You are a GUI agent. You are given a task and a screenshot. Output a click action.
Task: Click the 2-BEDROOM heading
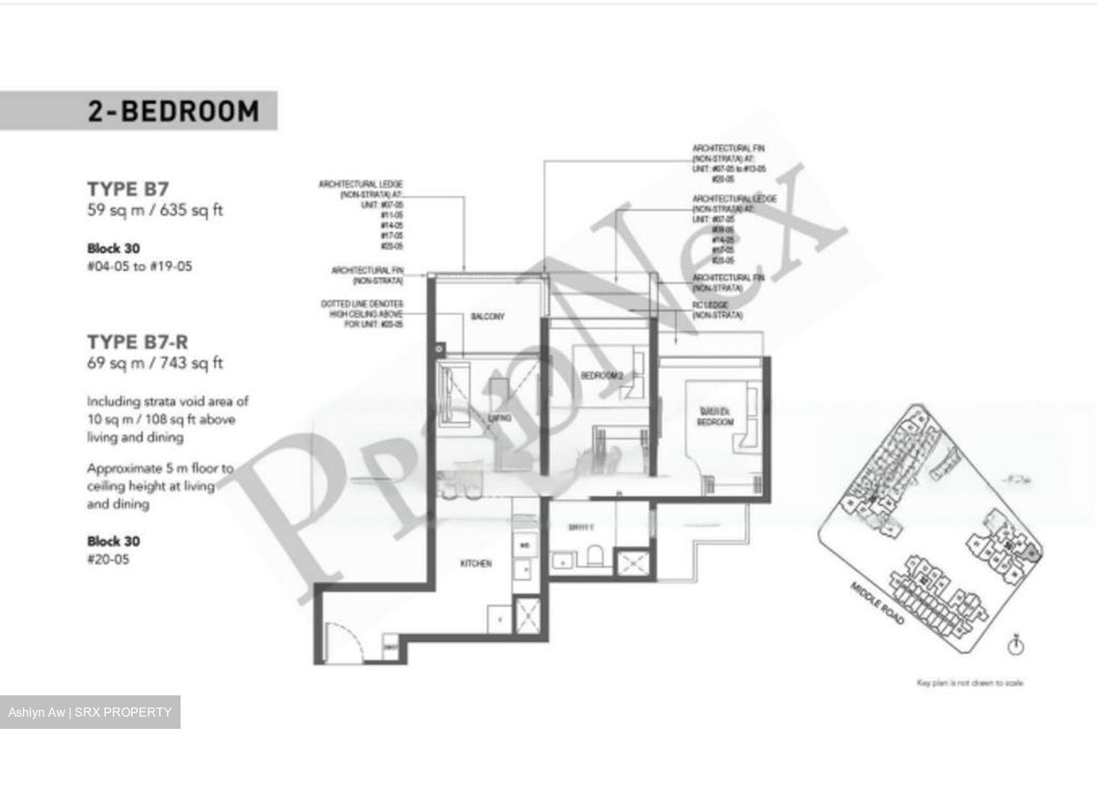[173, 111]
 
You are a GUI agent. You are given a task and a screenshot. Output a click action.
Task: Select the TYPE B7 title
[128, 189]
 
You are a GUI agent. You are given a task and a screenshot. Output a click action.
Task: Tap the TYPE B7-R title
[137, 342]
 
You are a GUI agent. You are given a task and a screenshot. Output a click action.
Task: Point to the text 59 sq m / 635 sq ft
[155, 210]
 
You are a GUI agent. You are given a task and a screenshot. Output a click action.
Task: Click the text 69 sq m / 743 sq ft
[155, 363]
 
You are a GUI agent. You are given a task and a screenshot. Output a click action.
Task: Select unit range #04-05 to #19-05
[139, 267]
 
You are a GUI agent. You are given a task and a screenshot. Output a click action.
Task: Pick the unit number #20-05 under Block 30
[108, 559]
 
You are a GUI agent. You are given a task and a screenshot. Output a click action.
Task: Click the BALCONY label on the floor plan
[488, 316]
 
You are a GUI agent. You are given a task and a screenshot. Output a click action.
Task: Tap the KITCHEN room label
[476, 564]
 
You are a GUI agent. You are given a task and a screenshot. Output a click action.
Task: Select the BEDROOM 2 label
[602, 375]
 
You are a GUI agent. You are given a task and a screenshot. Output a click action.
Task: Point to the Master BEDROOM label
[715, 417]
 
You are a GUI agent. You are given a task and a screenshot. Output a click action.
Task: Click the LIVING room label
[500, 417]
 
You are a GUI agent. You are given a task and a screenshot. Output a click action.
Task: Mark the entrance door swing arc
[340, 640]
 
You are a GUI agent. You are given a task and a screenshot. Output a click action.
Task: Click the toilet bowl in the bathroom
[596, 556]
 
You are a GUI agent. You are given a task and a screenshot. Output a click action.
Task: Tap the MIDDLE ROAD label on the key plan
[878, 604]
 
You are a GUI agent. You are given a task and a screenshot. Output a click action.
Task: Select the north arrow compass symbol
[1015, 646]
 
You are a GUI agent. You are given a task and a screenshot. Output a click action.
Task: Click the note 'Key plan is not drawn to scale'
[969, 683]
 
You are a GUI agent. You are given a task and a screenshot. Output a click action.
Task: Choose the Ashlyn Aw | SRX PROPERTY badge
[90, 712]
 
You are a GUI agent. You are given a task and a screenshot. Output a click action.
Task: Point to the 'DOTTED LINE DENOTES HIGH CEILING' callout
[363, 314]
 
